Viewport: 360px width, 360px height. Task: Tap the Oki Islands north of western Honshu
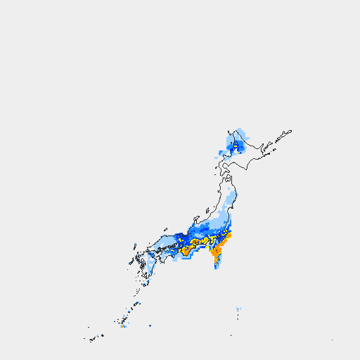pyautogui.click(x=166, y=229)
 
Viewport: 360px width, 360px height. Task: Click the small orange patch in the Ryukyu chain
pyautogui.click(x=122, y=326)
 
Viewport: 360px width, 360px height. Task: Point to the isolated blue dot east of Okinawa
pyautogui.click(x=150, y=326)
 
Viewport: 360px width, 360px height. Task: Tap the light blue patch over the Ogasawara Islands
pyautogui.click(x=238, y=309)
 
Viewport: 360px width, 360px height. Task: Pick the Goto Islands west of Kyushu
pyautogui.click(x=131, y=264)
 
